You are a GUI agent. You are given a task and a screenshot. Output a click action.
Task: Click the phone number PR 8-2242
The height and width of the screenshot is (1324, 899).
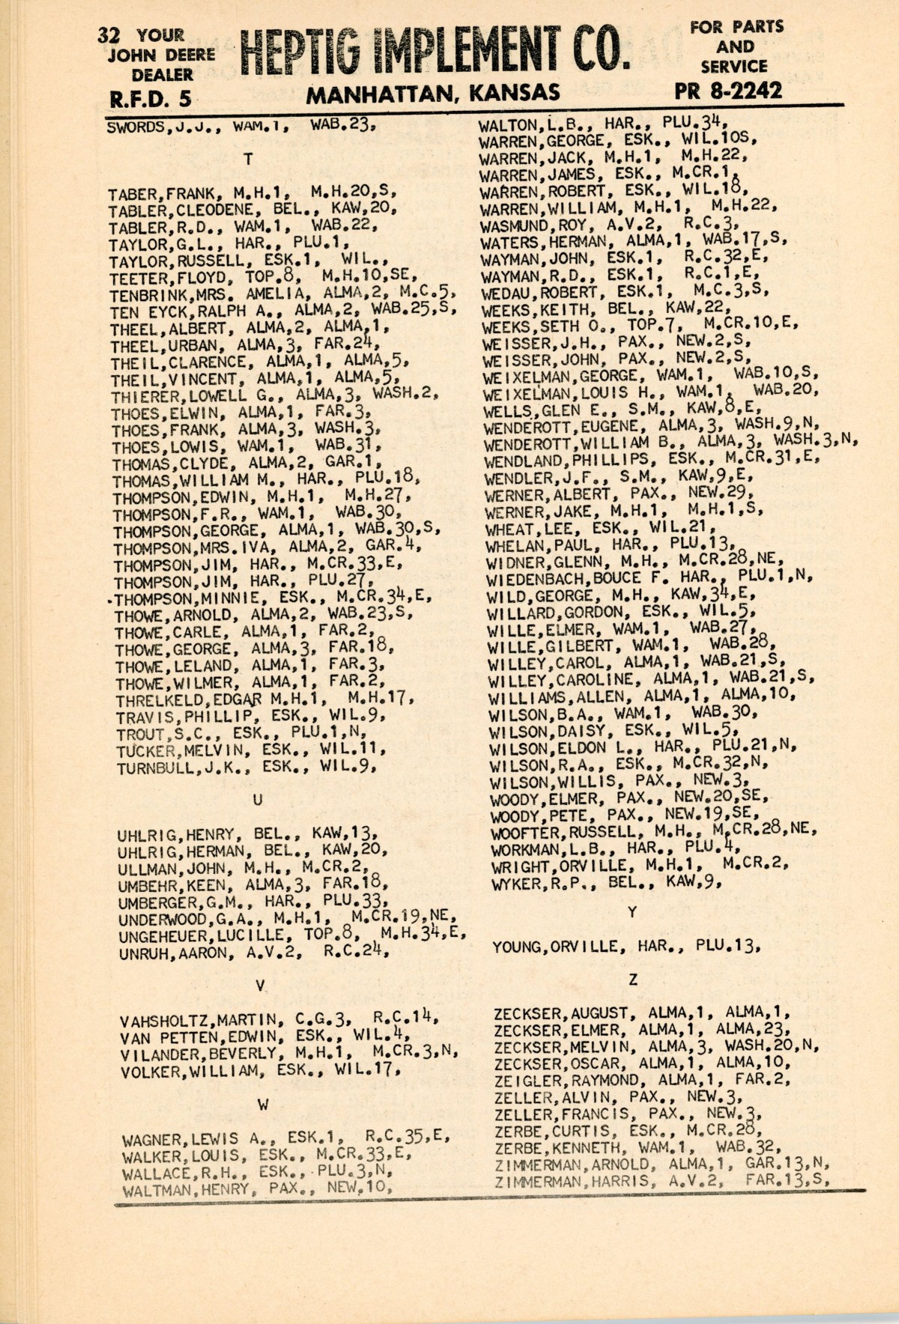coord(727,91)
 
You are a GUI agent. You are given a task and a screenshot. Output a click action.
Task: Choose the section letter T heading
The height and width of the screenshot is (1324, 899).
coord(248,159)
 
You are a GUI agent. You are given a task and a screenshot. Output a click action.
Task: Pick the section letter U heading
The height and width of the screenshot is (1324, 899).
coord(257,801)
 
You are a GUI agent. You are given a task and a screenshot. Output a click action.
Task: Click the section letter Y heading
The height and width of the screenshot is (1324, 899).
coord(632,912)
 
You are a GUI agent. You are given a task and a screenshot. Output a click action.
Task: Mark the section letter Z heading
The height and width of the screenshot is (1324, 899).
coord(633,980)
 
